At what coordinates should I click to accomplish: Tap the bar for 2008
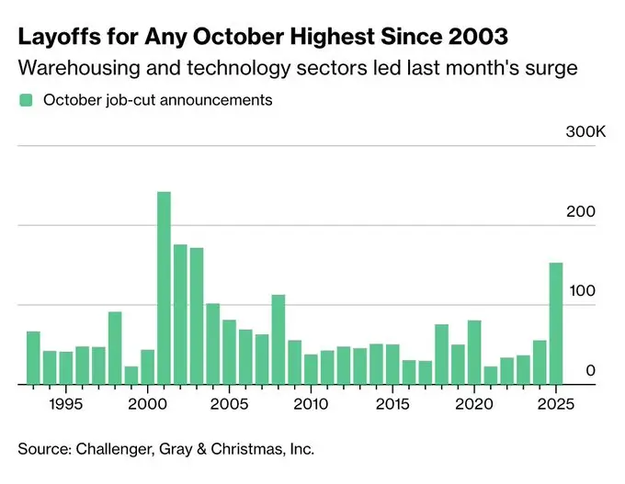[278, 339]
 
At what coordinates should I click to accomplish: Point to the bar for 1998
[115, 348]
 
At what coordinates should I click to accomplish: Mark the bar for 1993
[33, 357]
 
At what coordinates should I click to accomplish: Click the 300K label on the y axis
[585, 133]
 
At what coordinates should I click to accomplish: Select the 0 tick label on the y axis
[591, 370]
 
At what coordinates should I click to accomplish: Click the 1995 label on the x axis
[64, 404]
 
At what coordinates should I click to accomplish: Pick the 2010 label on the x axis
[310, 404]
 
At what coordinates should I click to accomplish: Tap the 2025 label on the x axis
[555, 404]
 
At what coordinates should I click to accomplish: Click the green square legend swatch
[26, 100]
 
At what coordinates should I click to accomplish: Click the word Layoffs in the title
[57, 39]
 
